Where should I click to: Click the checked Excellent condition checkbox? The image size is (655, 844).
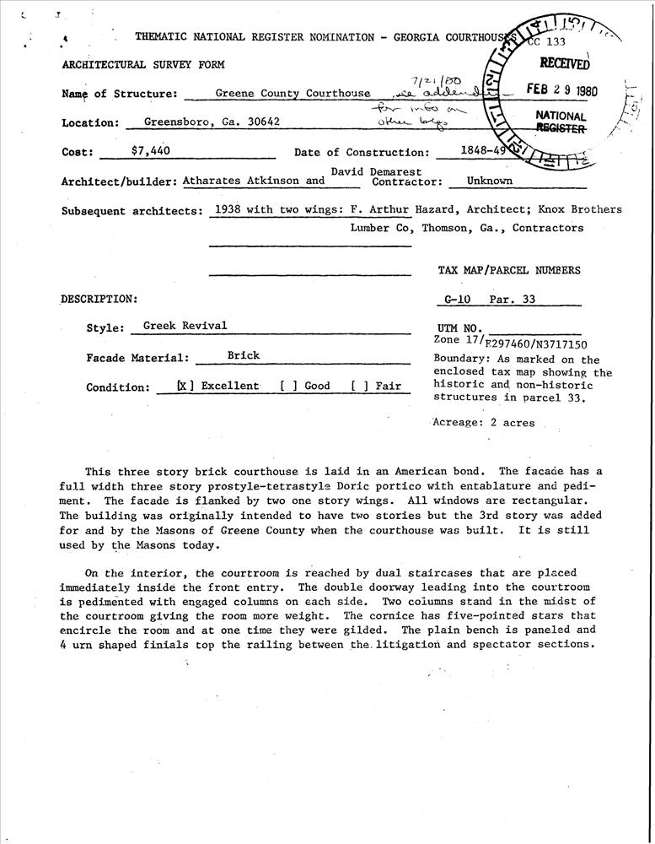point(185,386)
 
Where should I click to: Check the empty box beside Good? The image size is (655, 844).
point(287,386)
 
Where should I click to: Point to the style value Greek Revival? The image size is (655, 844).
point(185,325)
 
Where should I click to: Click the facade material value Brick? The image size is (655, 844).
point(243,355)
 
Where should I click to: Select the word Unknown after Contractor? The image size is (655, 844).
point(489,180)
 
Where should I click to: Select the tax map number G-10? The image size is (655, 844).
point(460,299)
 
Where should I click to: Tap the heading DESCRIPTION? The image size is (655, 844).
point(98,299)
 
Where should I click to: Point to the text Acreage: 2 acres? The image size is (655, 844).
point(483,422)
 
